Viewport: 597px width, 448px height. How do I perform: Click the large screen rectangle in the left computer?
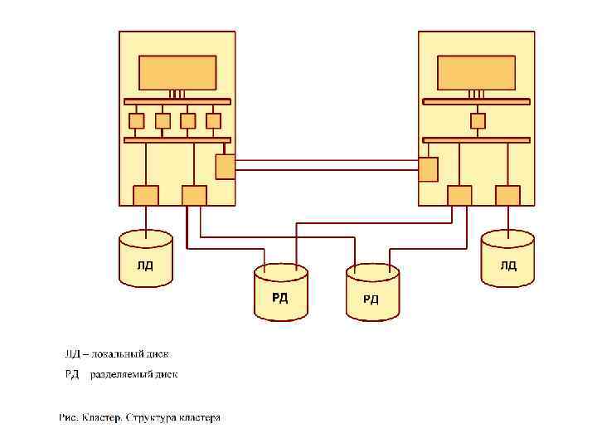point(177,72)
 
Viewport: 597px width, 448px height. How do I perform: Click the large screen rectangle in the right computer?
point(476,72)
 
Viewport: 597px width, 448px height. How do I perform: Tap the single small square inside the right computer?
point(478,120)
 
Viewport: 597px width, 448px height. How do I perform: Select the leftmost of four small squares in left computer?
point(137,120)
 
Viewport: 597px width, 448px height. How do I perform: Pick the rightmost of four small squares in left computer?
point(213,120)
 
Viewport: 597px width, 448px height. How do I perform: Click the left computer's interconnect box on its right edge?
point(225,167)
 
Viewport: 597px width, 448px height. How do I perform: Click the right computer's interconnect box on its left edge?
point(428,169)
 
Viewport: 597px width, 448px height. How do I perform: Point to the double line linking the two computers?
point(327,164)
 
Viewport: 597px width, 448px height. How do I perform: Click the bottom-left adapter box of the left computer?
point(146,195)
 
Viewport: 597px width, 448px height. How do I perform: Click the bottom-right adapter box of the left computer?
point(194,195)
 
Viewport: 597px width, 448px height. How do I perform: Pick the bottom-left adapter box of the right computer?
point(459,195)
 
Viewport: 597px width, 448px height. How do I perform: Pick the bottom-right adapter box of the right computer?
point(507,195)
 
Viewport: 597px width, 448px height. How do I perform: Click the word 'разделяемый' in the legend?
point(123,374)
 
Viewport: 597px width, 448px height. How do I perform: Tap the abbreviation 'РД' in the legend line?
point(73,374)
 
